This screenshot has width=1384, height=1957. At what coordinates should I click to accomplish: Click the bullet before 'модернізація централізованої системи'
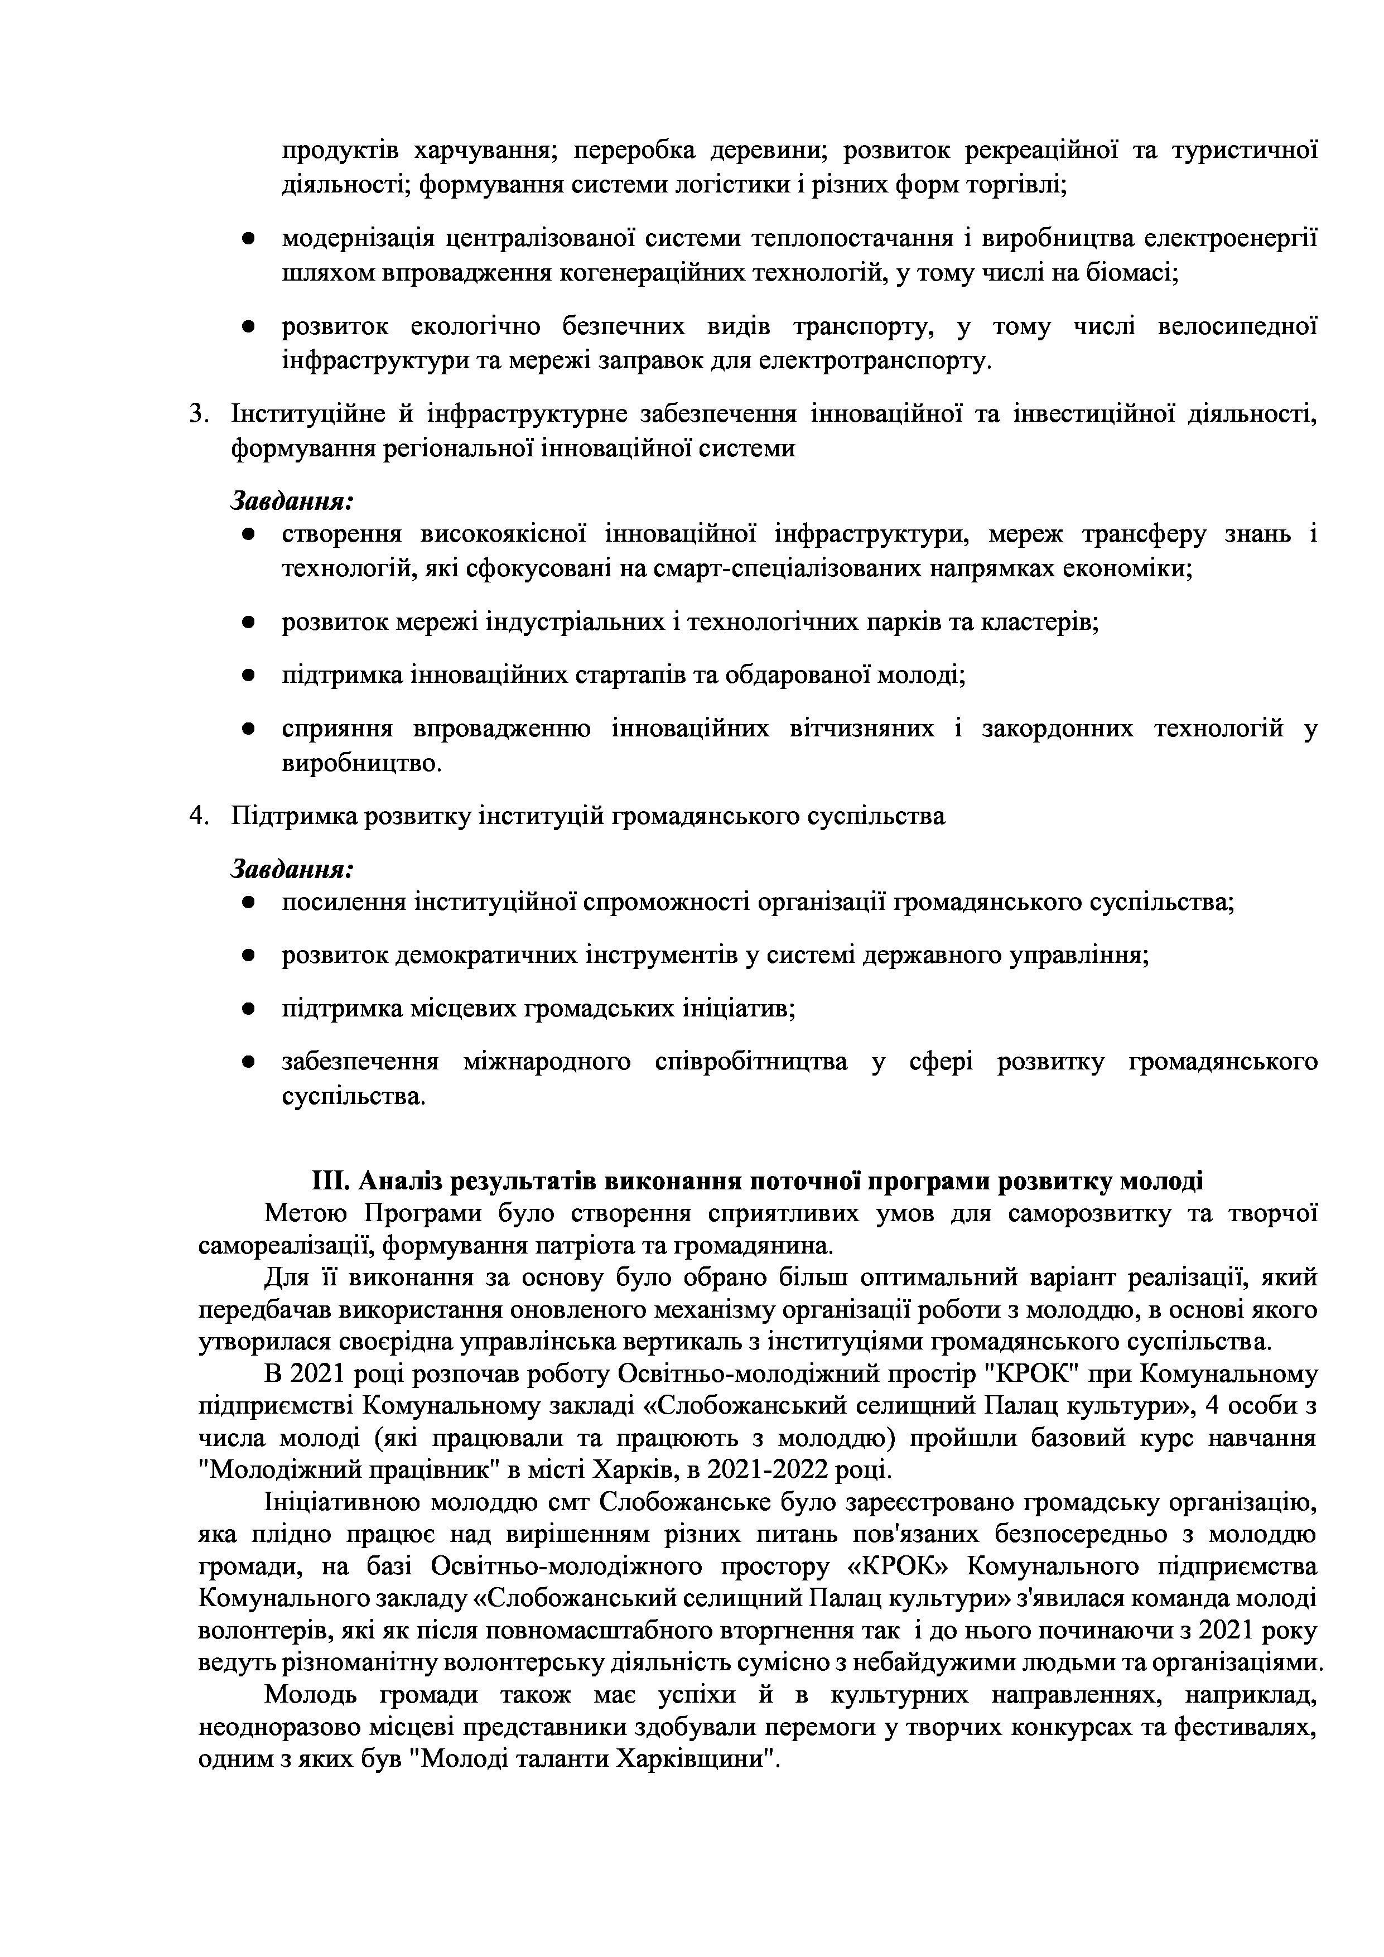(248, 239)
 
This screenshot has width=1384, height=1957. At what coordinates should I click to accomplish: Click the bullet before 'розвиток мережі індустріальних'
(248, 623)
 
